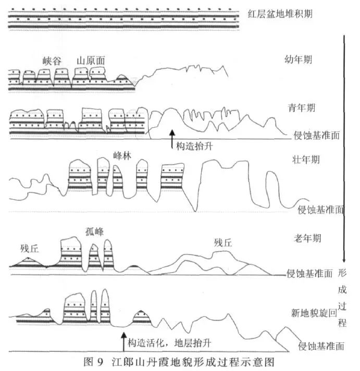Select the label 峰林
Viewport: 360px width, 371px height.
(121, 155)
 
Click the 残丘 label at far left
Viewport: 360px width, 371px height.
(30, 248)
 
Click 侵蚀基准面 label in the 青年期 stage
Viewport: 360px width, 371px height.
(317, 134)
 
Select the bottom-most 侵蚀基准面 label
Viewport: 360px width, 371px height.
(321, 345)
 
